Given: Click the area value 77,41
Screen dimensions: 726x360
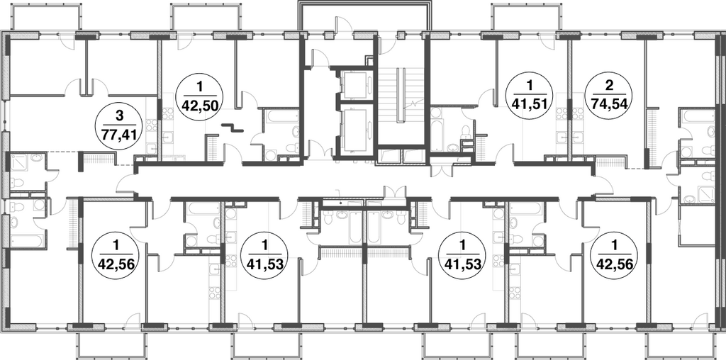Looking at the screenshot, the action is click(x=119, y=137).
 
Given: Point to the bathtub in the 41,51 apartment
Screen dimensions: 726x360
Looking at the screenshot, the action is click(x=437, y=129).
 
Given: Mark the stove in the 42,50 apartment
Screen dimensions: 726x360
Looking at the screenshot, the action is click(x=167, y=114).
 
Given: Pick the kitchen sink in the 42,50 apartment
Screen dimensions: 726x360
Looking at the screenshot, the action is click(x=167, y=137).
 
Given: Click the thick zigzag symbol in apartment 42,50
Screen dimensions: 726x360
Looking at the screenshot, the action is click(x=232, y=128).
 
